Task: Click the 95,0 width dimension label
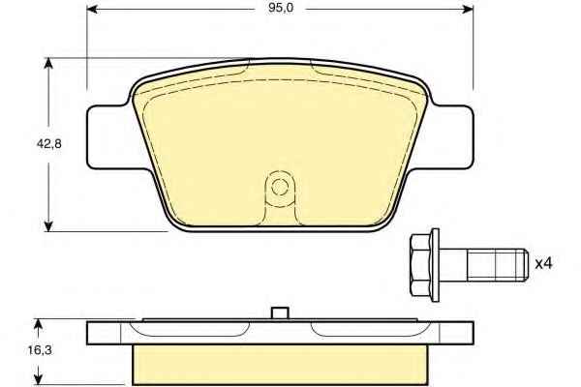click(281, 8)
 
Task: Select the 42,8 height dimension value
click(49, 144)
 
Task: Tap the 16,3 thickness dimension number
click(40, 350)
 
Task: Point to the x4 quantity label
click(543, 264)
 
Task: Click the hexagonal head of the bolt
click(420, 265)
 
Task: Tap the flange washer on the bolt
click(436, 265)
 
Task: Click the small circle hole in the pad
click(280, 187)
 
